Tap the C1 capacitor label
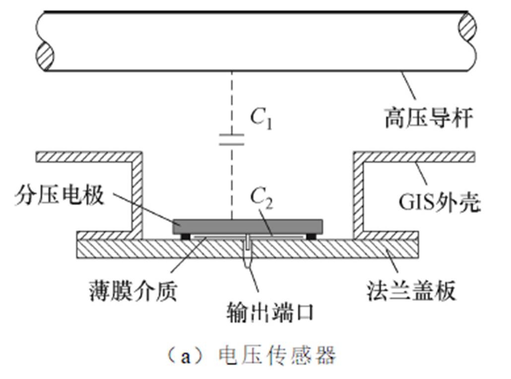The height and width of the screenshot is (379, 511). [x=260, y=120]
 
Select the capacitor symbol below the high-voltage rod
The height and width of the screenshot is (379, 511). [x=232, y=140]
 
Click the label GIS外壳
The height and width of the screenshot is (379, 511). [x=440, y=202]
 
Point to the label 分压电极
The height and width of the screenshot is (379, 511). [x=60, y=195]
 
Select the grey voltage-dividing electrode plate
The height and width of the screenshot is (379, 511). [x=247, y=227]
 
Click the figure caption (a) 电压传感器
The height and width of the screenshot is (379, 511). [x=252, y=356]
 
